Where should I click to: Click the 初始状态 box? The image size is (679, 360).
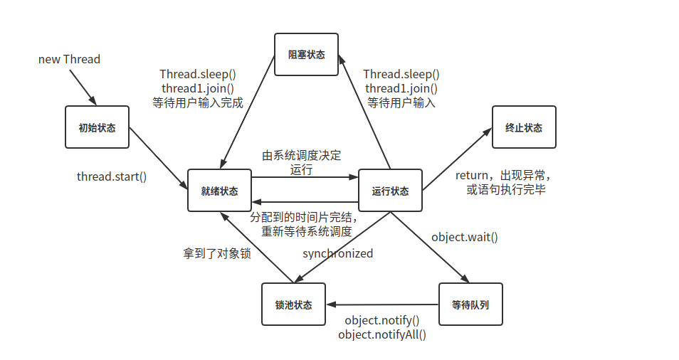point(97,128)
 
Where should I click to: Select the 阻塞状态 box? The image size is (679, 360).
point(307,55)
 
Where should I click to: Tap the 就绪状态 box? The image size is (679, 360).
point(219,191)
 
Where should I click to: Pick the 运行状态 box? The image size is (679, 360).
point(390,191)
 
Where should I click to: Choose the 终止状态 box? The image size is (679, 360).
point(523,128)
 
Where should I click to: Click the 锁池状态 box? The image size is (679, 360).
point(293,305)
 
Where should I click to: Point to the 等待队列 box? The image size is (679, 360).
point(470,305)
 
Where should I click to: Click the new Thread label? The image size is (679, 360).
point(69,59)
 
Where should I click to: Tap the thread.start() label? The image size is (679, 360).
point(112,176)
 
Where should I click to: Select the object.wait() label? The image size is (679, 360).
point(465,237)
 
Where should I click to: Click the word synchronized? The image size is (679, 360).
point(337,253)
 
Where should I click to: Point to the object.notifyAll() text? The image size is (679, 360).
point(382,334)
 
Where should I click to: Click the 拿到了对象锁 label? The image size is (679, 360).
point(216,253)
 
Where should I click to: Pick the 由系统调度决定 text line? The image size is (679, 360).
point(302,156)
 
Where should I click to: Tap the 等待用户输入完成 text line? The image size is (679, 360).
point(198,102)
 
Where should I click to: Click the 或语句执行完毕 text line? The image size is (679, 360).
point(505,189)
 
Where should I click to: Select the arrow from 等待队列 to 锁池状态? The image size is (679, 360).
point(382,305)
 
